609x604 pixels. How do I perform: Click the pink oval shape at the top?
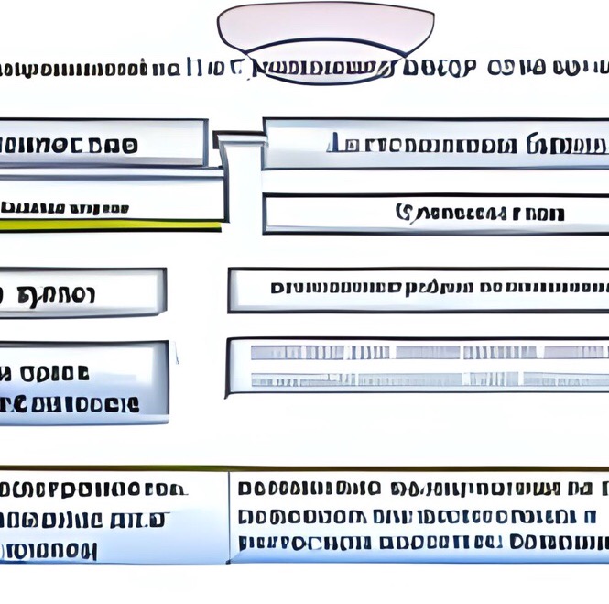325,27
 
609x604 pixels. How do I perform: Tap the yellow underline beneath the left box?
110,223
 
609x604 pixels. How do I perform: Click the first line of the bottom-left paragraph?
92,489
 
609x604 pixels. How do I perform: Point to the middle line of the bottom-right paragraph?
417,516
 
